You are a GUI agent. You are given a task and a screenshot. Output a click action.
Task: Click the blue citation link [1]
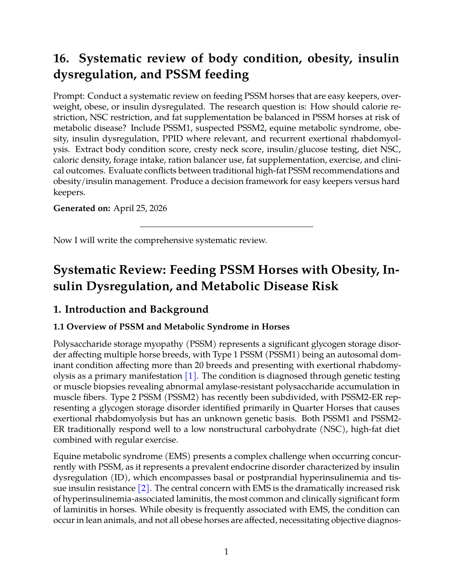[x=191, y=376]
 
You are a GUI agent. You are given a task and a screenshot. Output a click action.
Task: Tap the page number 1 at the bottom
[x=226, y=552]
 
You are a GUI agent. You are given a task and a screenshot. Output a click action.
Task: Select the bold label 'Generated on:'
[x=82, y=208]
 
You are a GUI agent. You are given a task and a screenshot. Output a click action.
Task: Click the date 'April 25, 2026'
[x=140, y=208]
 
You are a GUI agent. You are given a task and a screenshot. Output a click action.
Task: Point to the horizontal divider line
[x=226, y=226]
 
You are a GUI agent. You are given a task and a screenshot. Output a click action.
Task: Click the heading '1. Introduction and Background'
[x=131, y=309]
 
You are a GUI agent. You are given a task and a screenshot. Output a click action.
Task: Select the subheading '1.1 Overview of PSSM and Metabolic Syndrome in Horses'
[x=171, y=327]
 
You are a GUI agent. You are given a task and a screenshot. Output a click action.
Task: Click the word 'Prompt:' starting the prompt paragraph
[x=69, y=96]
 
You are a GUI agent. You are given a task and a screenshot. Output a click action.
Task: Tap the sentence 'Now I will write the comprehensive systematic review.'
[x=160, y=240]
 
